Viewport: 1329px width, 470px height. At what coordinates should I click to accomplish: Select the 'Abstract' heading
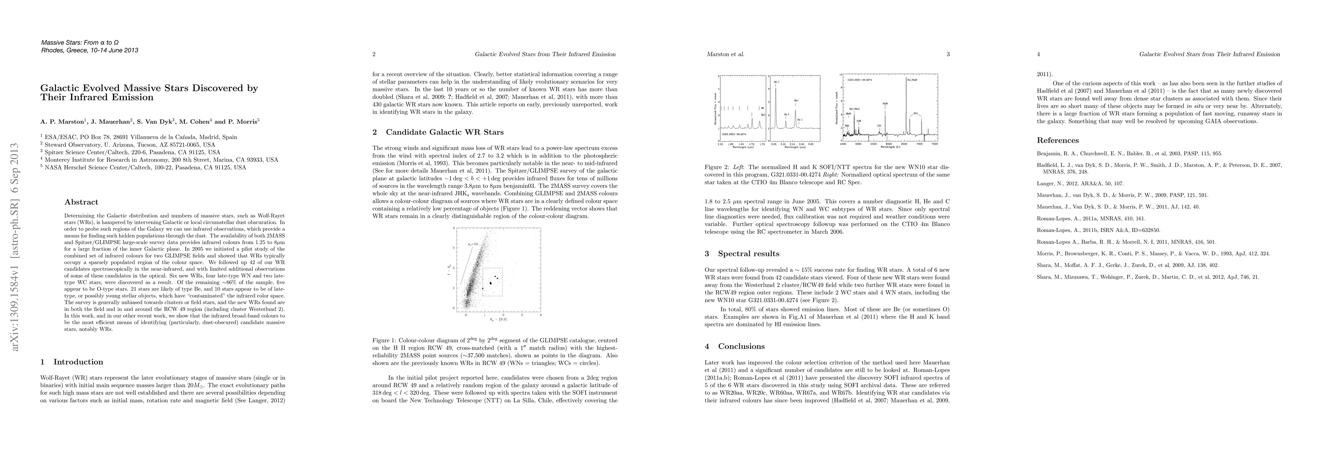click(x=81, y=202)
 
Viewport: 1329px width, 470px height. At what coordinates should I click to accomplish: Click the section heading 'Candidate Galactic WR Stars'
click(x=444, y=132)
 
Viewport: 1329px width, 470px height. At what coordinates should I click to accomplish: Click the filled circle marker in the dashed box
click(x=490, y=283)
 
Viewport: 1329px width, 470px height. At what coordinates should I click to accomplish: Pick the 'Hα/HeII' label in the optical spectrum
click(x=912, y=80)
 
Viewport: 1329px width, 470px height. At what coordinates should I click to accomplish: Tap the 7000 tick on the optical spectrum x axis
click(x=919, y=145)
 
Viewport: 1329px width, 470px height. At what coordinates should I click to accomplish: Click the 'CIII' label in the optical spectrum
click(x=879, y=125)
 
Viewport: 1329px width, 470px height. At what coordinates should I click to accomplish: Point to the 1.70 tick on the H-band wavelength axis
click(x=753, y=145)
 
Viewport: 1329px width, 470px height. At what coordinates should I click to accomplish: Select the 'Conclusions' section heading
click(x=741, y=346)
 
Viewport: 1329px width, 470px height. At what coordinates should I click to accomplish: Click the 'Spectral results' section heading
click(x=748, y=253)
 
